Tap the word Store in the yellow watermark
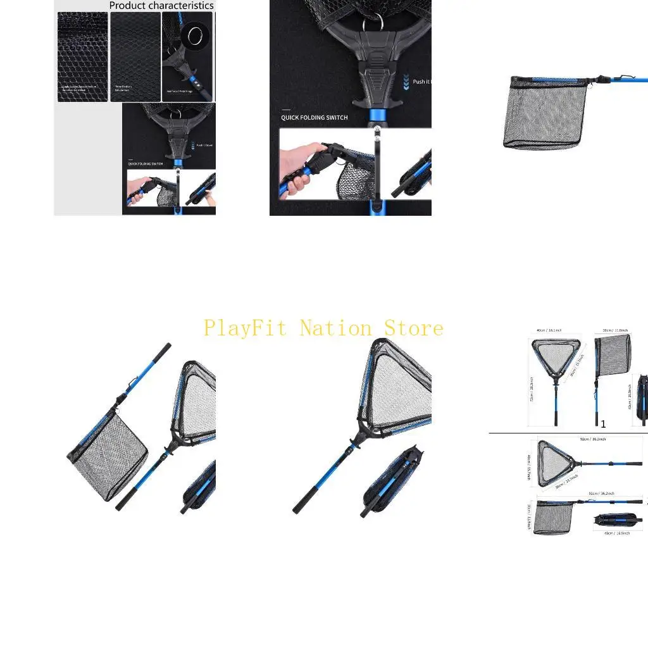(x=414, y=328)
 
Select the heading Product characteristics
(x=161, y=6)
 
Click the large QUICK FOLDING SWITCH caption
(x=314, y=118)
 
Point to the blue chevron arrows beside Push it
(x=406, y=81)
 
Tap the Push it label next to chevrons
(x=421, y=82)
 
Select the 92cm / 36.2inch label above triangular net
(x=592, y=439)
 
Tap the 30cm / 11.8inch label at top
(x=614, y=330)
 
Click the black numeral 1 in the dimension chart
(x=603, y=424)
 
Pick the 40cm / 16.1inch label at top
(x=549, y=330)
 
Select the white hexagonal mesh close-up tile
(x=82, y=57)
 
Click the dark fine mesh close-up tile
(x=135, y=57)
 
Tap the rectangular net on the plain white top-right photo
(x=544, y=114)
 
